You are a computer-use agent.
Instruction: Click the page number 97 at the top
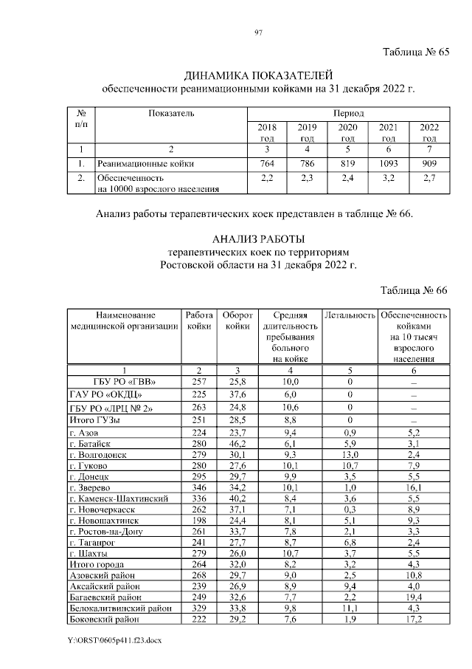[238, 32]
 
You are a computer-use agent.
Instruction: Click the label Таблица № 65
[414, 52]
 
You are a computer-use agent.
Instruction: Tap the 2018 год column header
[267, 133]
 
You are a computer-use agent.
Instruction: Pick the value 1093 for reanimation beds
[388, 162]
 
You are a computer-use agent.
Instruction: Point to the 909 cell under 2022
[428, 162]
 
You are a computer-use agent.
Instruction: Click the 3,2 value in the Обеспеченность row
[388, 178]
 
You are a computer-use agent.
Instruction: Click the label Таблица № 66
[414, 289]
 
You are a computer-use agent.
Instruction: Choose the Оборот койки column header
[237, 320]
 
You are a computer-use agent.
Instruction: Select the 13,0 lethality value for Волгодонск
[350, 455]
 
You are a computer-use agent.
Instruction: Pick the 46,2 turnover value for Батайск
[237, 443]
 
